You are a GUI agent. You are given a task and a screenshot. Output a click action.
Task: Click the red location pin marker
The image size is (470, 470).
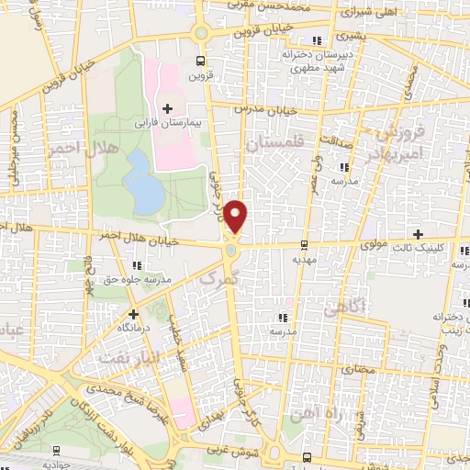[237, 215]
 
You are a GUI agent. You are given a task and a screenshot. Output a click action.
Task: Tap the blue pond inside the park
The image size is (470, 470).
[140, 180]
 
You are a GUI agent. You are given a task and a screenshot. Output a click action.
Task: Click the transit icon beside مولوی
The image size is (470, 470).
[304, 245]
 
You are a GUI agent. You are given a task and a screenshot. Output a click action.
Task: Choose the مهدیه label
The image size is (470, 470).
[304, 260]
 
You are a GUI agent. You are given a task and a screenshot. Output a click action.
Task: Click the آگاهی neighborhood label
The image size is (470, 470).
[373, 302]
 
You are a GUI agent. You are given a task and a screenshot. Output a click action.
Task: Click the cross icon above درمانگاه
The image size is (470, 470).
[134, 313]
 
